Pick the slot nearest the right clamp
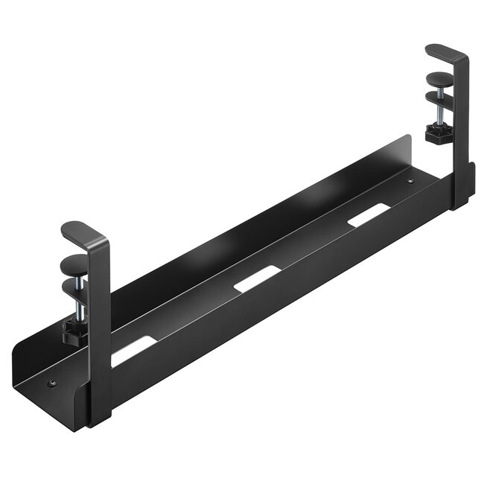(369, 214)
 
